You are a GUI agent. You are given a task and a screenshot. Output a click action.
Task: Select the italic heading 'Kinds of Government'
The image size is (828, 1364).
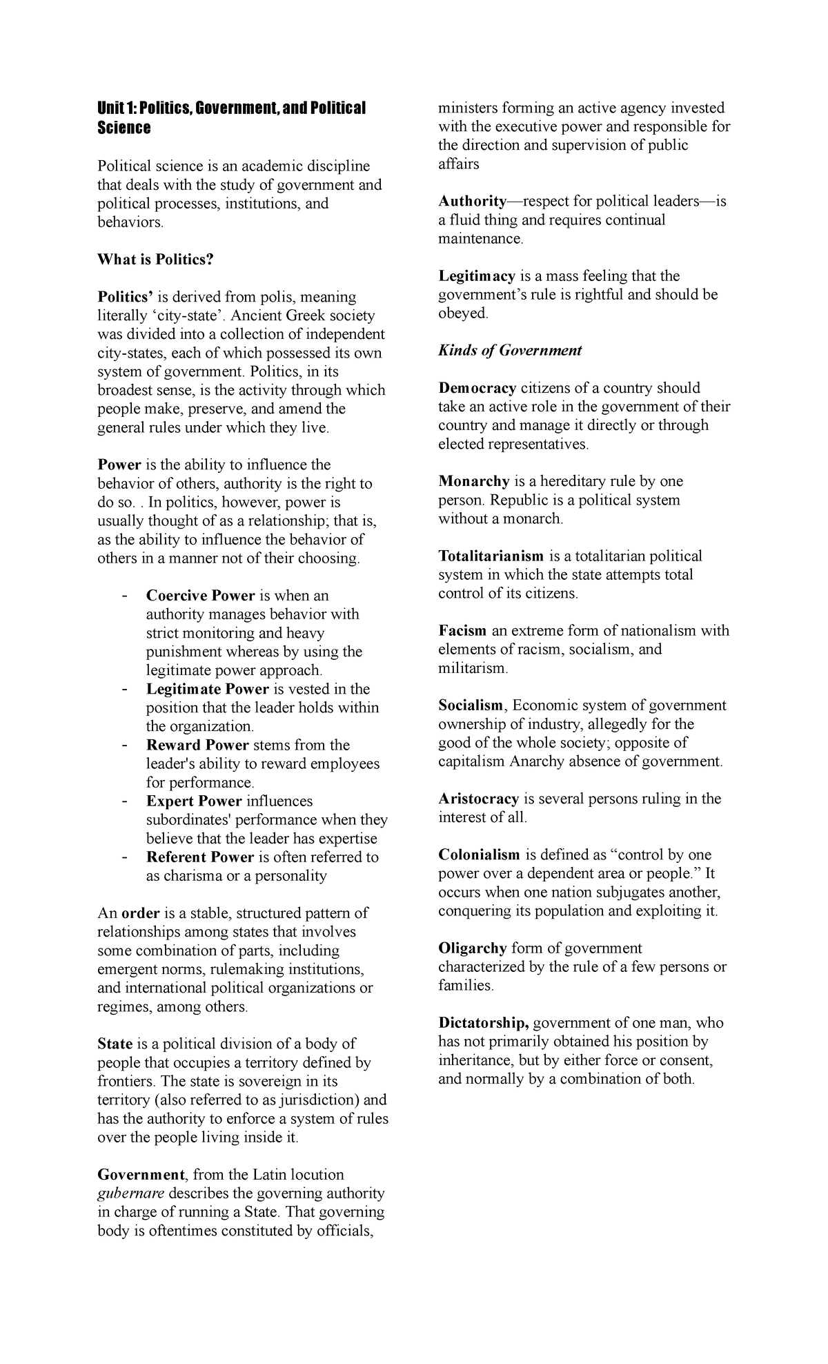[x=510, y=350]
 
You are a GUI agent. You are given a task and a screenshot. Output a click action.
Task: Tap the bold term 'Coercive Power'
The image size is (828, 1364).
[x=200, y=596]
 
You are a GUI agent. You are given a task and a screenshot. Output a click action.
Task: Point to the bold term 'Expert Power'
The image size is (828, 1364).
[x=194, y=801]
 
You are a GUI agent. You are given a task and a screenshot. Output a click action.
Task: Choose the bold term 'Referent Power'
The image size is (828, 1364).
[x=200, y=857]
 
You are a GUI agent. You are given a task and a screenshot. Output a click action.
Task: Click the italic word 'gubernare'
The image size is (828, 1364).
[x=131, y=1193]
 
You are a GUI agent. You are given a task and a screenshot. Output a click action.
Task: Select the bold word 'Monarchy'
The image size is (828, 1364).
[x=474, y=481]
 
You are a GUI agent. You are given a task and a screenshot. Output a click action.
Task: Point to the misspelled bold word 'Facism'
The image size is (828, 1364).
[x=462, y=630]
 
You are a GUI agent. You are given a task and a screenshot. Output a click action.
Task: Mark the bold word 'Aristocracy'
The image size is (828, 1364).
[x=479, y=799]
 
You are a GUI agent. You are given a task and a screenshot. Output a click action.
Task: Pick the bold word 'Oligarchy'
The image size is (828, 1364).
[x=473, y=948]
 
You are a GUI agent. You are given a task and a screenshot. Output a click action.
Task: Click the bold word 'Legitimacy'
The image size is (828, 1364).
[x=477, y=276]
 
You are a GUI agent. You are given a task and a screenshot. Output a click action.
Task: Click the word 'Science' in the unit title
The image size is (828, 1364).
[x=124, y=128]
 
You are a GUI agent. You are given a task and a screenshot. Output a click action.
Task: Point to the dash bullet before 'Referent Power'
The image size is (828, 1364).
[x=124, y=857]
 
